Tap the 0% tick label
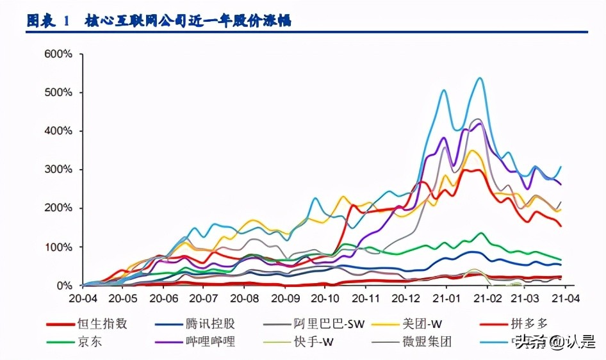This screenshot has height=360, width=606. pyautogui.click(x=63, y=286)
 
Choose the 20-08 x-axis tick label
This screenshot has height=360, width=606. pyautogui.click(x=245, y=299)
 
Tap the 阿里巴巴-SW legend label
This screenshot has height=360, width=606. pyautogui.click(x=331, y=323)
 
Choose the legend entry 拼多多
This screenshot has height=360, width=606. pyautogui.click(x=530, y=323)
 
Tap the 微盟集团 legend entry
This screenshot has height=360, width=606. pyautogui.click(x=429, y=341)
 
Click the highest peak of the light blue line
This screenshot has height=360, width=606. pyautogui.click(x=480, y=78)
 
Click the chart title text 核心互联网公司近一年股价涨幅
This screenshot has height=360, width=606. pyautogui.click(x=188, y=20)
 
